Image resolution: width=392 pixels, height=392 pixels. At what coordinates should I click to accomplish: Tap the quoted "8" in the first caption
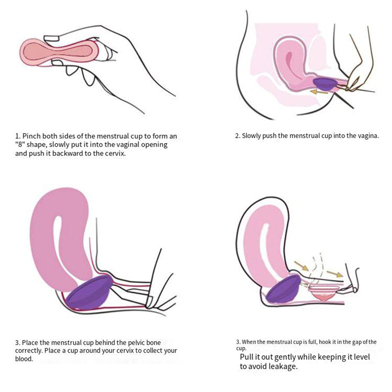(19, 145)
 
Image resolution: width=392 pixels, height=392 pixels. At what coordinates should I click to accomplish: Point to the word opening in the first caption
(154, 145)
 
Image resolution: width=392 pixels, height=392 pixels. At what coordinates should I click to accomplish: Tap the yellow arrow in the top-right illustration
(318, 92)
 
